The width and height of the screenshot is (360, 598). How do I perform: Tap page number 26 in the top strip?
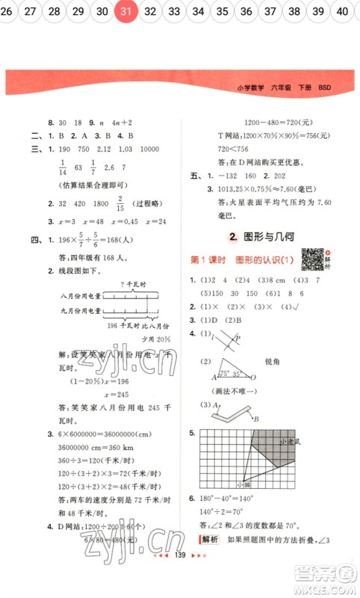(8, 11)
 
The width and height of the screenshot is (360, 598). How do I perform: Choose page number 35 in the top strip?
(222, 11)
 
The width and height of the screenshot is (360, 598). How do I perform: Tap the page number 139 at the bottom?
(179, 576)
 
